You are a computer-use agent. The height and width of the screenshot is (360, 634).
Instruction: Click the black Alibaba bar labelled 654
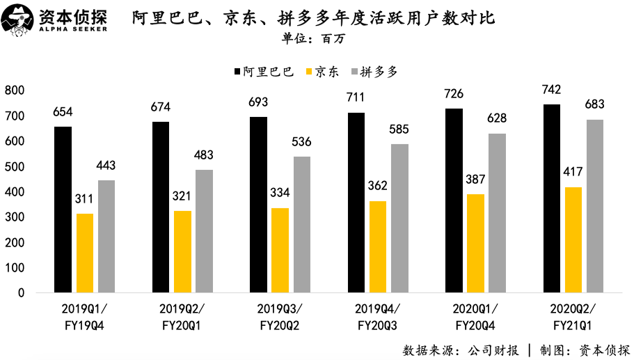pyautogui.click(x=63, y=209)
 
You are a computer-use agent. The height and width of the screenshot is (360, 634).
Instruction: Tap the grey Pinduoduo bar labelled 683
pyautogui.click(x=595, y=205)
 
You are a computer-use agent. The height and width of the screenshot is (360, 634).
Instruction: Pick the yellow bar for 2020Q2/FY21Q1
pyautogui.click(x=573, y=240)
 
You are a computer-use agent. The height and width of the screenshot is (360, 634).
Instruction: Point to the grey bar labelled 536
pyautogui.click(x=302, y=224)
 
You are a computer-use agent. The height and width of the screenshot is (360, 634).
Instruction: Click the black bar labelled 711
pyautogui.click(x=356, y=202)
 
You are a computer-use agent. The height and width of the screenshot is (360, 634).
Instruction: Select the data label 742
pyautogui.click(x=552, y=89)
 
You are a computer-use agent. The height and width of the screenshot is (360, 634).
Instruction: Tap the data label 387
pyautogui.click(x=476, y=179)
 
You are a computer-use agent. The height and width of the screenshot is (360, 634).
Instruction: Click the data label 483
pyautogui.click(x=204, y=155)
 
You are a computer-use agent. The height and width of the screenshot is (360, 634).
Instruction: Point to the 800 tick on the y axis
pyautogui.click(x=14, y=91)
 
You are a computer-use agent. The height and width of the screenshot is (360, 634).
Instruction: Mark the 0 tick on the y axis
pyautogui.click(x=21, y=293)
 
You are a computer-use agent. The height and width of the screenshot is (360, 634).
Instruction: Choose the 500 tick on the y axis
pyautogui.click(x=14, y=166)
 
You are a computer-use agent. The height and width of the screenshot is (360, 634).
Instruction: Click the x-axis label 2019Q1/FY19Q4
pyautogui.click(x=84, y=315)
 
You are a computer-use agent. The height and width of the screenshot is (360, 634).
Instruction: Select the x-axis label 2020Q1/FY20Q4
pyautogui.click(x=475, y=315)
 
